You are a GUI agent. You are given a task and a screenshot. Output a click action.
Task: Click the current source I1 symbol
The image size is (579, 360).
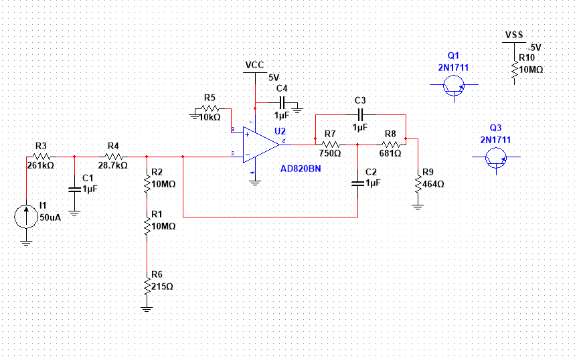click(26, 217)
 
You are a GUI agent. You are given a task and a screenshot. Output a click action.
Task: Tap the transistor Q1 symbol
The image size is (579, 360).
click(454, 85)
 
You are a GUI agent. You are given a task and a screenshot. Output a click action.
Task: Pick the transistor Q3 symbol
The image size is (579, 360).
click(496, 157)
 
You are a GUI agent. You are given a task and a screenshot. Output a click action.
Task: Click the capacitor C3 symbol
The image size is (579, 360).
click(361, 115)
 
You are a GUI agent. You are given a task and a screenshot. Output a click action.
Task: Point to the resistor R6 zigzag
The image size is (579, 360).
click(147, 286)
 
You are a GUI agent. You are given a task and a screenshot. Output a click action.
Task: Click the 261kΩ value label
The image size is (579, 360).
click(41, 165)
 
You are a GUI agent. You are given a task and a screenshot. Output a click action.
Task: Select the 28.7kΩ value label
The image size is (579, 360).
click(113, 165)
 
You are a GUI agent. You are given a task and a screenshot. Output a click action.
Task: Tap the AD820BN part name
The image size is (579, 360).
click(301, 169)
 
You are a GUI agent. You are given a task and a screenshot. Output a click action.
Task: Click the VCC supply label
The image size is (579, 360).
click(255, 66)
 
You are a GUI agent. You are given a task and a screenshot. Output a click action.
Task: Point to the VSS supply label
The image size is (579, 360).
click(514, 35)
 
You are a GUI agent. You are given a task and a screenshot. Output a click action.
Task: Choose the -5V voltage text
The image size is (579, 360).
click(534, 48)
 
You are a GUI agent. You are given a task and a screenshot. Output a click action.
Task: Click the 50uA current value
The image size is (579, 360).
click(50, 218)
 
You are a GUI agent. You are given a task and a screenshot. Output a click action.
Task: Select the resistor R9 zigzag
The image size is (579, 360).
click(418, 184)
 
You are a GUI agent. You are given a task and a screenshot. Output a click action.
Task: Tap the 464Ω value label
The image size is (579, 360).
click(433, 184)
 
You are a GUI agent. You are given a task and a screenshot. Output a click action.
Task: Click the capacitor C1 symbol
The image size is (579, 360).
click(74, 189)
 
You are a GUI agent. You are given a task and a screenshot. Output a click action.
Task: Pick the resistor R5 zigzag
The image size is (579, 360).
click(210, 108)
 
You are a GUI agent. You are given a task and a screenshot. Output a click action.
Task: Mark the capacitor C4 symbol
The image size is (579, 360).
click(282, 102)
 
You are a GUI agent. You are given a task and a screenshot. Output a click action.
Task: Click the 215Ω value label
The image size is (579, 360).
click(163, 286)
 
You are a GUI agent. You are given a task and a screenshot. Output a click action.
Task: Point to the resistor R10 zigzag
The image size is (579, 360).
click(514, 70)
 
